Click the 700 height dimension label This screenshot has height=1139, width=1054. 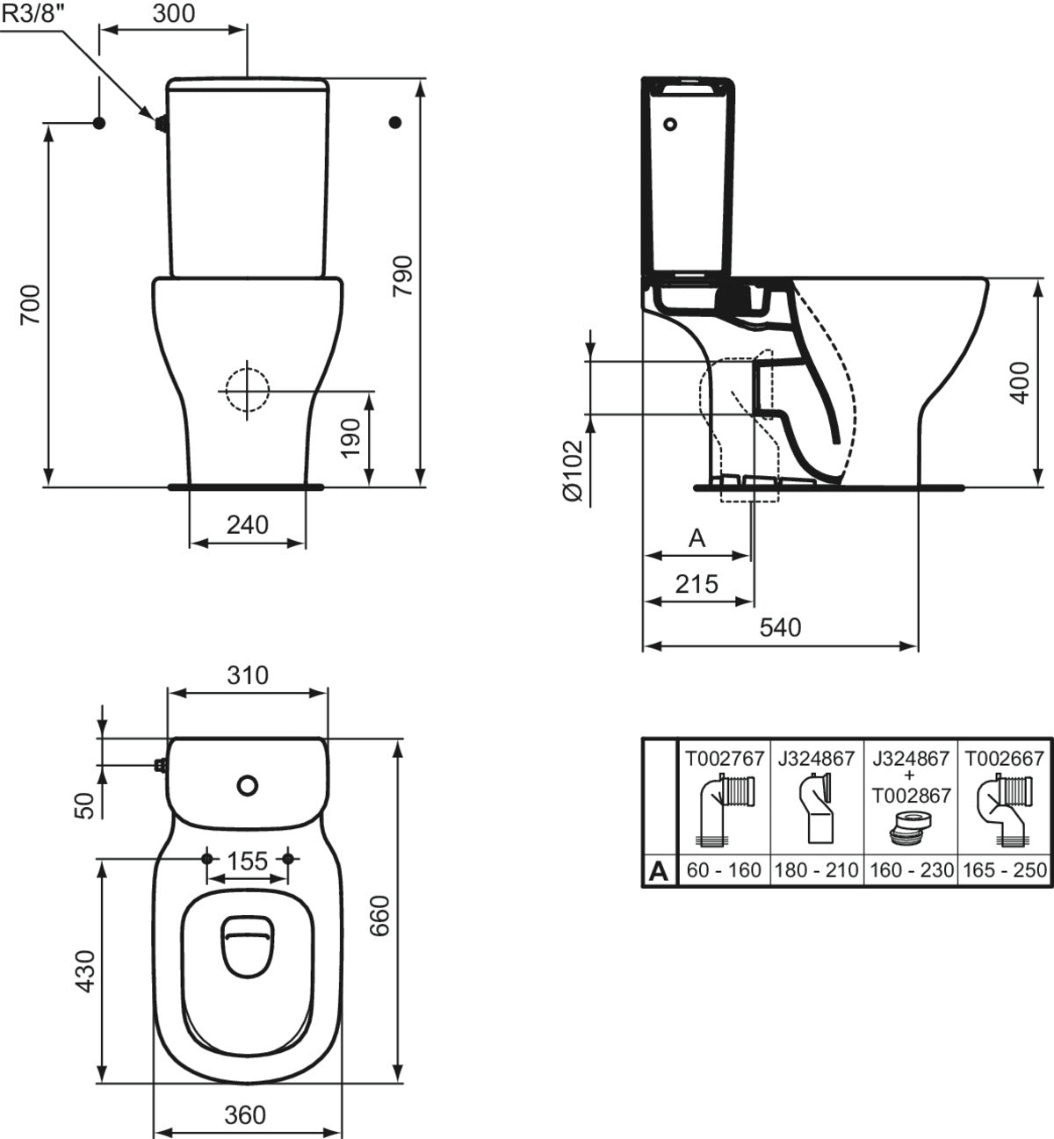[31, 304]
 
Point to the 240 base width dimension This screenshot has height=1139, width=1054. [248, 524]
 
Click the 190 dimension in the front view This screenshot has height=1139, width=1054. [350, 438]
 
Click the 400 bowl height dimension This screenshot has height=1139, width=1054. [1020, 381]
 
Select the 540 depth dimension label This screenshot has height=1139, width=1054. [780, 627]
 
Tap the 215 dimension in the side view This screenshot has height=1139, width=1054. [697, 583]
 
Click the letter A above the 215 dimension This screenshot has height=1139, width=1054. [697, 538]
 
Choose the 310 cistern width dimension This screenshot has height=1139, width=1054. [247, 674]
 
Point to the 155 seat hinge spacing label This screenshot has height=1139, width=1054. [247, 861]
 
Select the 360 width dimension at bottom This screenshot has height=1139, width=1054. [245, 1114]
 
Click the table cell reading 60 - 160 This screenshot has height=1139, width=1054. [725, 870]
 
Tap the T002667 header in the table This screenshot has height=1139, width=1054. [1004, 758]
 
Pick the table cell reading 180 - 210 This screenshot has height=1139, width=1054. [818, 870]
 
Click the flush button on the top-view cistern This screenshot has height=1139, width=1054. [248, 785]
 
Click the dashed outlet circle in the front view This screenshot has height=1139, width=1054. [247, 387]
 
